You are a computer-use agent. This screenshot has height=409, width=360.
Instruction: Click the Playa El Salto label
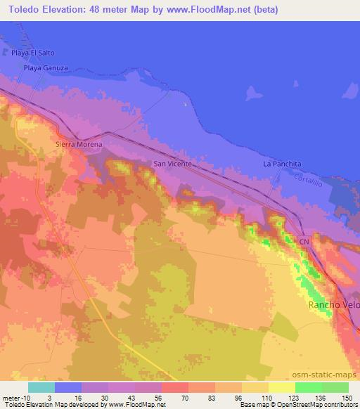click(32, 53)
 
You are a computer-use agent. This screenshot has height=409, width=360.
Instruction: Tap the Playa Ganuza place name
click(46, 68)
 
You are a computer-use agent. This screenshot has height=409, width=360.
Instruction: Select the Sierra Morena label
click(79, 145)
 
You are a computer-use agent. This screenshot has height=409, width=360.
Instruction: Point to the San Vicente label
click(172, 164)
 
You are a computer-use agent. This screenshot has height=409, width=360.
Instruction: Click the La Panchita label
click(282, 164)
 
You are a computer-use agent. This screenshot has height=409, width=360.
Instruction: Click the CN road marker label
click(304, 242)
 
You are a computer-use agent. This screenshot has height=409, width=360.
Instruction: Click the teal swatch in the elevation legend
click(41, 387)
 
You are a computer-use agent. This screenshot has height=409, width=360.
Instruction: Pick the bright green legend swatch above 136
click(308, 387)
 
